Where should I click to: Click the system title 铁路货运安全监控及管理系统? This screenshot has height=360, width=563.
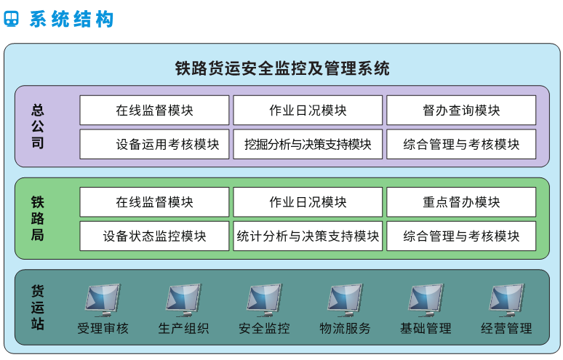tap(282, 69)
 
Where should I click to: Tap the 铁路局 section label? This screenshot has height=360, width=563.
tap(38, 218)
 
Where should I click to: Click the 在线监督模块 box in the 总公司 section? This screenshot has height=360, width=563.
tap(154, 111)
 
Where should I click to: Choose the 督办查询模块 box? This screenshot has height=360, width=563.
tap(461, 111)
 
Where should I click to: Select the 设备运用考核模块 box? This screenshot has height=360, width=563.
tap(154, 144)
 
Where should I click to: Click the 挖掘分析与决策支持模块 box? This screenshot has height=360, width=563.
tap(308, 144)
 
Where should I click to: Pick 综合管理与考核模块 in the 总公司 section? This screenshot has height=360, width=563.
tap(461, 144)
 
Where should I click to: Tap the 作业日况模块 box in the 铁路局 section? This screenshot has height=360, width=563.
tap(308, 202)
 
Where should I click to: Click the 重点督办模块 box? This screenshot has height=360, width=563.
tap(461, 202)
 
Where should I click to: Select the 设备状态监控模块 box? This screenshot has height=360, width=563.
tap(154, 236)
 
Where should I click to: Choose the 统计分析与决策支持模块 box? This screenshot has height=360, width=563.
tap(308, 236)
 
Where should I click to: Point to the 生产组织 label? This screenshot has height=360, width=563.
tap(183, 329)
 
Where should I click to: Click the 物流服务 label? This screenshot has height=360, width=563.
tap(345, 329)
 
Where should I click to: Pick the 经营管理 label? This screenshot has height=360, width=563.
tap(506, 329)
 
